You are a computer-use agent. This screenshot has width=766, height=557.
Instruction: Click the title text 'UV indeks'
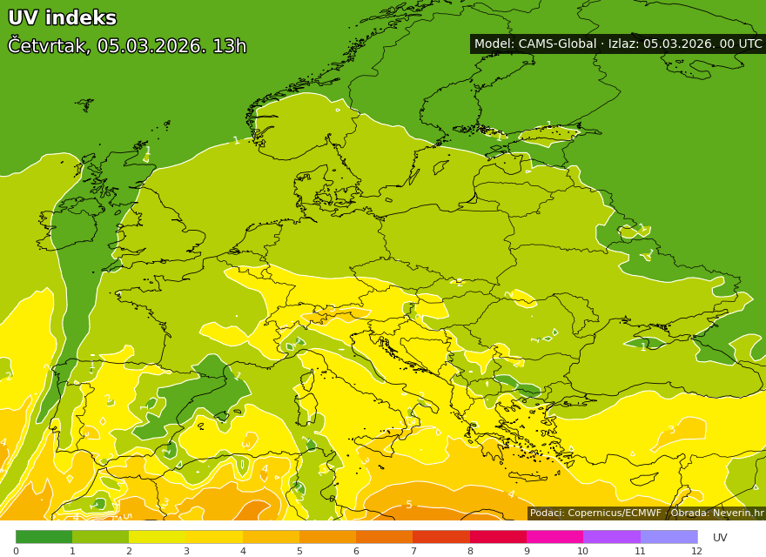[x=62, y=18]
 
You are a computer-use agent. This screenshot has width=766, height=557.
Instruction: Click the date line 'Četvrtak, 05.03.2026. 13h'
[x=127, y=46]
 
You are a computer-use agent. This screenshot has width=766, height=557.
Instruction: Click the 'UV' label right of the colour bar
[x=720, y=538]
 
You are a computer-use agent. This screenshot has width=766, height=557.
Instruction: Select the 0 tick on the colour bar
[x=16, y=551]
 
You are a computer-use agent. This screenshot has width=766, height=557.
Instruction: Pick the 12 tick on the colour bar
[x=696, y=551]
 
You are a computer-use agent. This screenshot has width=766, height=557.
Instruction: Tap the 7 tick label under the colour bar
[x=413, y=551]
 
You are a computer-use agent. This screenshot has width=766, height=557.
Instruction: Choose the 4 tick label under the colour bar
[x=243, y=551]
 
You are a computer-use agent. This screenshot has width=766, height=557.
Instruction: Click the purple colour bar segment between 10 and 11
[x=611, y=537]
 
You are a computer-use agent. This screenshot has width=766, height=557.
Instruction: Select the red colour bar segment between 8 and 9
[x=498, y=537]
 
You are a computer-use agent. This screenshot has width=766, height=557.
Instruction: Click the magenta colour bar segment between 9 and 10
[x=554, y=537]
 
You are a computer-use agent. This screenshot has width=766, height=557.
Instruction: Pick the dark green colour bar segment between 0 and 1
[x=44, y=537]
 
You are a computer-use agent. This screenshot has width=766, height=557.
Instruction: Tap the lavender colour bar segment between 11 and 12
[x=669, y=537]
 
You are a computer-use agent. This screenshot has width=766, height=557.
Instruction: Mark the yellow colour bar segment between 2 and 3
[x=157, y=537]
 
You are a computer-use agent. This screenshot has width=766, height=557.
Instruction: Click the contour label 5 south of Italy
[x=409, y=505]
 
